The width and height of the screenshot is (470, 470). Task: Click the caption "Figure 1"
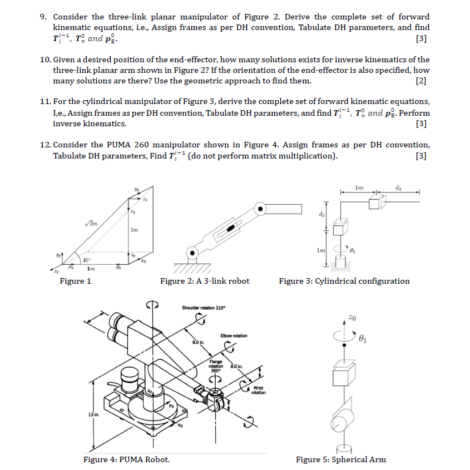(x=75, y=281)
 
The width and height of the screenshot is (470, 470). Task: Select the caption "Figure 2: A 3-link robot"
(x=205, y=281)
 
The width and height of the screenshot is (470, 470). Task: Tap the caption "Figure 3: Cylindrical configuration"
(x=344, y=281)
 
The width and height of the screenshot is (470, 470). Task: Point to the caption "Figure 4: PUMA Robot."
(x=126, y=459)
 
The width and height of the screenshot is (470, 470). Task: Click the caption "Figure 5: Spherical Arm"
(x=340, y=459)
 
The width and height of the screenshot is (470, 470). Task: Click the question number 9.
(x=43, y=17)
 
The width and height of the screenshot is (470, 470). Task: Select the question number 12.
(x=46, y=145)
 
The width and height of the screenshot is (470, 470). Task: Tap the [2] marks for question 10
(x=422, y=81)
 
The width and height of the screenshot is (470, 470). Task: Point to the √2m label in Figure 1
(x=92, y=222)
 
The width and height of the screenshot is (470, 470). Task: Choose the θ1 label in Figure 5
(x=364, y=337)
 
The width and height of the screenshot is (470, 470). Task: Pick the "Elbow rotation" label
(x=234, y=335)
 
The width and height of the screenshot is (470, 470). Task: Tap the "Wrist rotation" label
(x=259, y=390)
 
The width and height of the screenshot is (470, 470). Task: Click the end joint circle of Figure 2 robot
(x=259, y=209)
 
